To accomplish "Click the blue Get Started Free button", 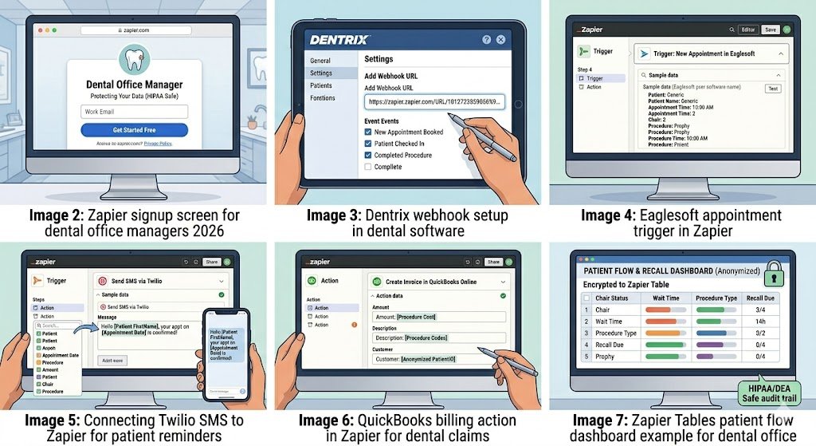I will pos(134,130).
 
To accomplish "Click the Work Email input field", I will pos(134,112).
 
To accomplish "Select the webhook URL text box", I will pos(434,102).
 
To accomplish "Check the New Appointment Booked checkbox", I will pos(368,132).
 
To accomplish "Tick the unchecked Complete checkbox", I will pos(368,167).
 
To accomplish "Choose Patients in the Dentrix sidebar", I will pos(321,85).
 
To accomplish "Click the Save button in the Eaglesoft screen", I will pos(770,30).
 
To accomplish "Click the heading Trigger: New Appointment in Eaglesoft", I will pos(709,53).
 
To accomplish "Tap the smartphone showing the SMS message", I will pos(227,353).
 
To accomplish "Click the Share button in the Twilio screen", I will pos(211,261).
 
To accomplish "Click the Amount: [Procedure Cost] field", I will pos(438,317).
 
